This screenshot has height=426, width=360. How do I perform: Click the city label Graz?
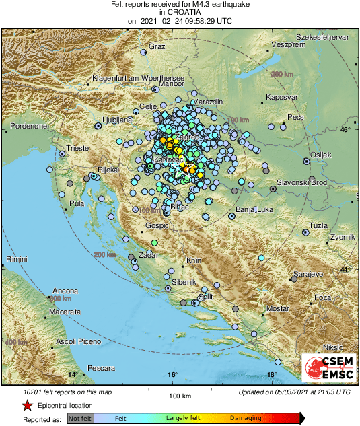pos(157,46)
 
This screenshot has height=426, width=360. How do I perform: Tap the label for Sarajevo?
pos(309,275)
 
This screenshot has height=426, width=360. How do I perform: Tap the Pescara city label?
pos(100,368)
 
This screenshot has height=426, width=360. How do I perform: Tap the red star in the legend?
pos(27,405)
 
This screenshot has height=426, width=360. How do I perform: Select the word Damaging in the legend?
pos(246,418)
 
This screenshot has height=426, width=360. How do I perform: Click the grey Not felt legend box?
pos(79,418)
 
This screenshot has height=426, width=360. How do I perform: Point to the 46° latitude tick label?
pos(345,129)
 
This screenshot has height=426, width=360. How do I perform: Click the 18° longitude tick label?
pos(271,375)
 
